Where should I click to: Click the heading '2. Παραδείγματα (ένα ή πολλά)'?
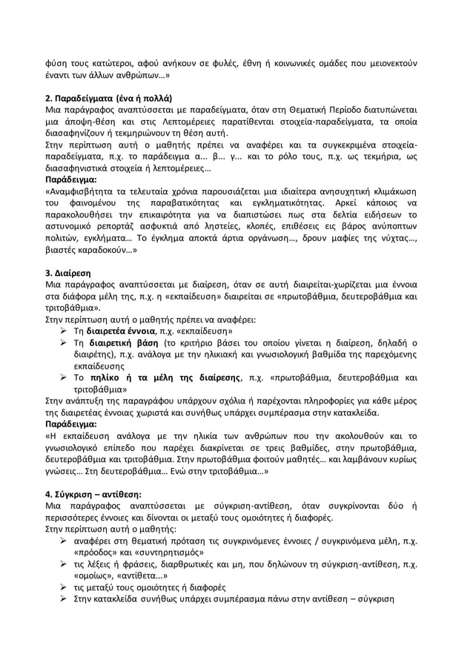[x=109, y=97]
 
